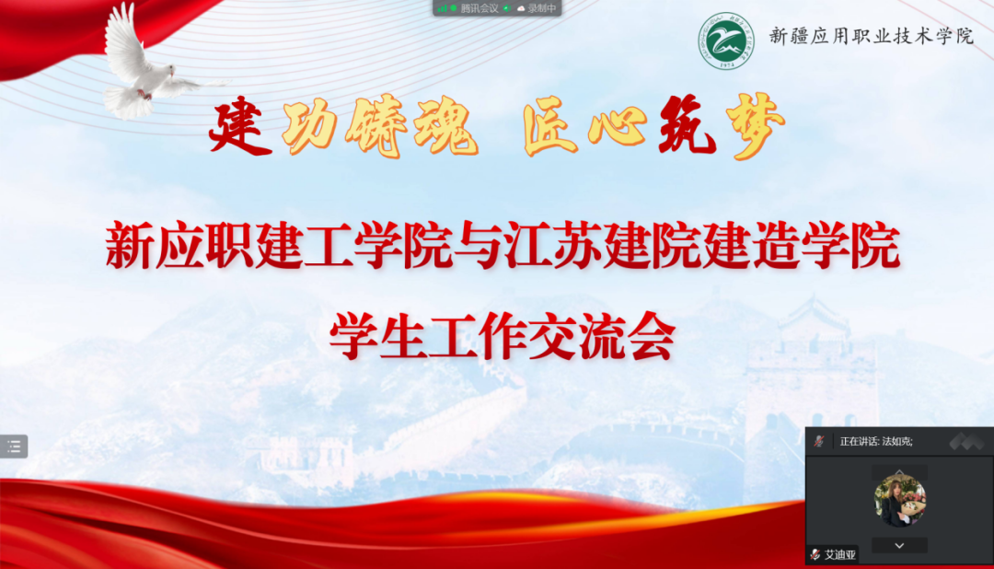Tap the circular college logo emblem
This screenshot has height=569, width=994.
tap(725, 39)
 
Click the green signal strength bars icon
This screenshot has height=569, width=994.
tap(443, 8)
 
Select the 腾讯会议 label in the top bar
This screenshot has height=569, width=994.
tap(480, 8)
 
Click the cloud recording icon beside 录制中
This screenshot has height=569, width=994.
tap(521, 8)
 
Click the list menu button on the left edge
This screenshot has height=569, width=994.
tap(14, 447)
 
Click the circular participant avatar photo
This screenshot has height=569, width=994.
tap(899, 501)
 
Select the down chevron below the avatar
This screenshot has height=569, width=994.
tap(899, 545)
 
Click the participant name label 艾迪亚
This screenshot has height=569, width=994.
tap(839, 555)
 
